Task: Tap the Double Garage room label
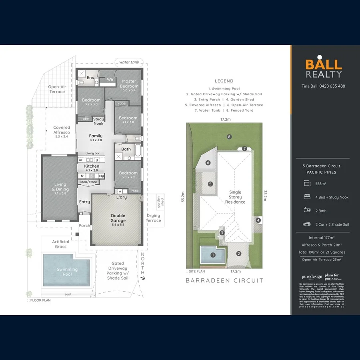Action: (x=118, y=218)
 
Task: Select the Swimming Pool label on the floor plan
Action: (x=67, y=272)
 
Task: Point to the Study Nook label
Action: (x=98, y=121)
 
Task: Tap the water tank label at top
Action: (x=129, y=62)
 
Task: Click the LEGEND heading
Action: (x=224, y=81)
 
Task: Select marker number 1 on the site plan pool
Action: (x=213, y=254)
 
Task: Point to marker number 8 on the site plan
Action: (x=229, y=137)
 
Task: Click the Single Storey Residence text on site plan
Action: (x=235, y=197)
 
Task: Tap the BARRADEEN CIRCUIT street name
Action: (x=224, y=280)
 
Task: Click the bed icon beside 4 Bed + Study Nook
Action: (x=307, y=197)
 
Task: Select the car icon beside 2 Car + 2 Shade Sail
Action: (x=307, y=224)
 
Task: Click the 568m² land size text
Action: (x=321, y=184)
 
